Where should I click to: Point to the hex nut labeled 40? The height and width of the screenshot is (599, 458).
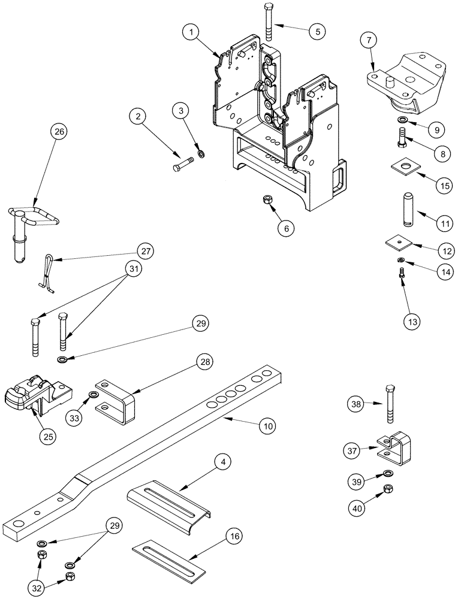tap(388, 494)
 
